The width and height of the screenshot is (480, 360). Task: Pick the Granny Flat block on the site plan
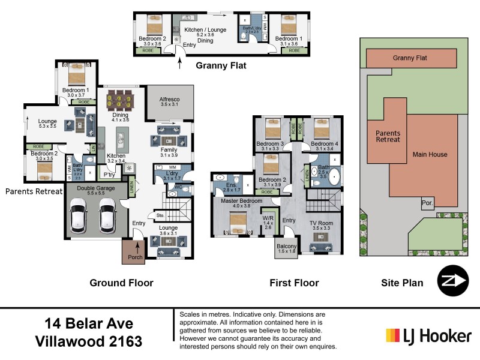[410, 58]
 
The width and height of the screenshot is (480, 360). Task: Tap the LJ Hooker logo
[428, 335]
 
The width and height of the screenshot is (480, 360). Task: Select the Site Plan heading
[402, 283]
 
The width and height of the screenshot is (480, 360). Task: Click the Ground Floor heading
[121, 283]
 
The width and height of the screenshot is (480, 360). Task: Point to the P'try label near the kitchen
[109, 175]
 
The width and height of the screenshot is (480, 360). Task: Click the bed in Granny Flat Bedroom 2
[154, 25]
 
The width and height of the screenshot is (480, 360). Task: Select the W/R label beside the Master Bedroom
[268, 219]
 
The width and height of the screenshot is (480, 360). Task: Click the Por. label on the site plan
[427, 203]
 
